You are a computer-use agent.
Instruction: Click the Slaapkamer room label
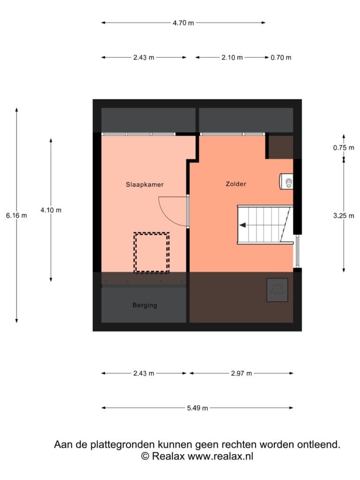point(144,185)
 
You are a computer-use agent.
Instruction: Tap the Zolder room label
point(236,184)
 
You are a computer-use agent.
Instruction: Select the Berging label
point(145,305)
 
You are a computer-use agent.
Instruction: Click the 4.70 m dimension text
point(183,23)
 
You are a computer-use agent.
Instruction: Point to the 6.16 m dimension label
point(16,216)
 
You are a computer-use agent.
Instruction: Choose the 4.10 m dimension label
point(51,210)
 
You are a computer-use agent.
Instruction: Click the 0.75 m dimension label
point(344,148)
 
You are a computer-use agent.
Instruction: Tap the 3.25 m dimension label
point(344,216)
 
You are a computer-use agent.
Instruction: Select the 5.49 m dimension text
point(197,408)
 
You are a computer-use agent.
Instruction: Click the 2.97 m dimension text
point(241,374)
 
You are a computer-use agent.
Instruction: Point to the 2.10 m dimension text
point(232,58)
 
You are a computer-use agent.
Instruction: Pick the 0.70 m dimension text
point(281,58)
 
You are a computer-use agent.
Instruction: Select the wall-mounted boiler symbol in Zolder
point(286,181)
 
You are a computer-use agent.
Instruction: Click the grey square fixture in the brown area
point(277,290)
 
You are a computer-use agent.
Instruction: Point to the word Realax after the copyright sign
point(168,456)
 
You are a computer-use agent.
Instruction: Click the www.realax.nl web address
point(220,456)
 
